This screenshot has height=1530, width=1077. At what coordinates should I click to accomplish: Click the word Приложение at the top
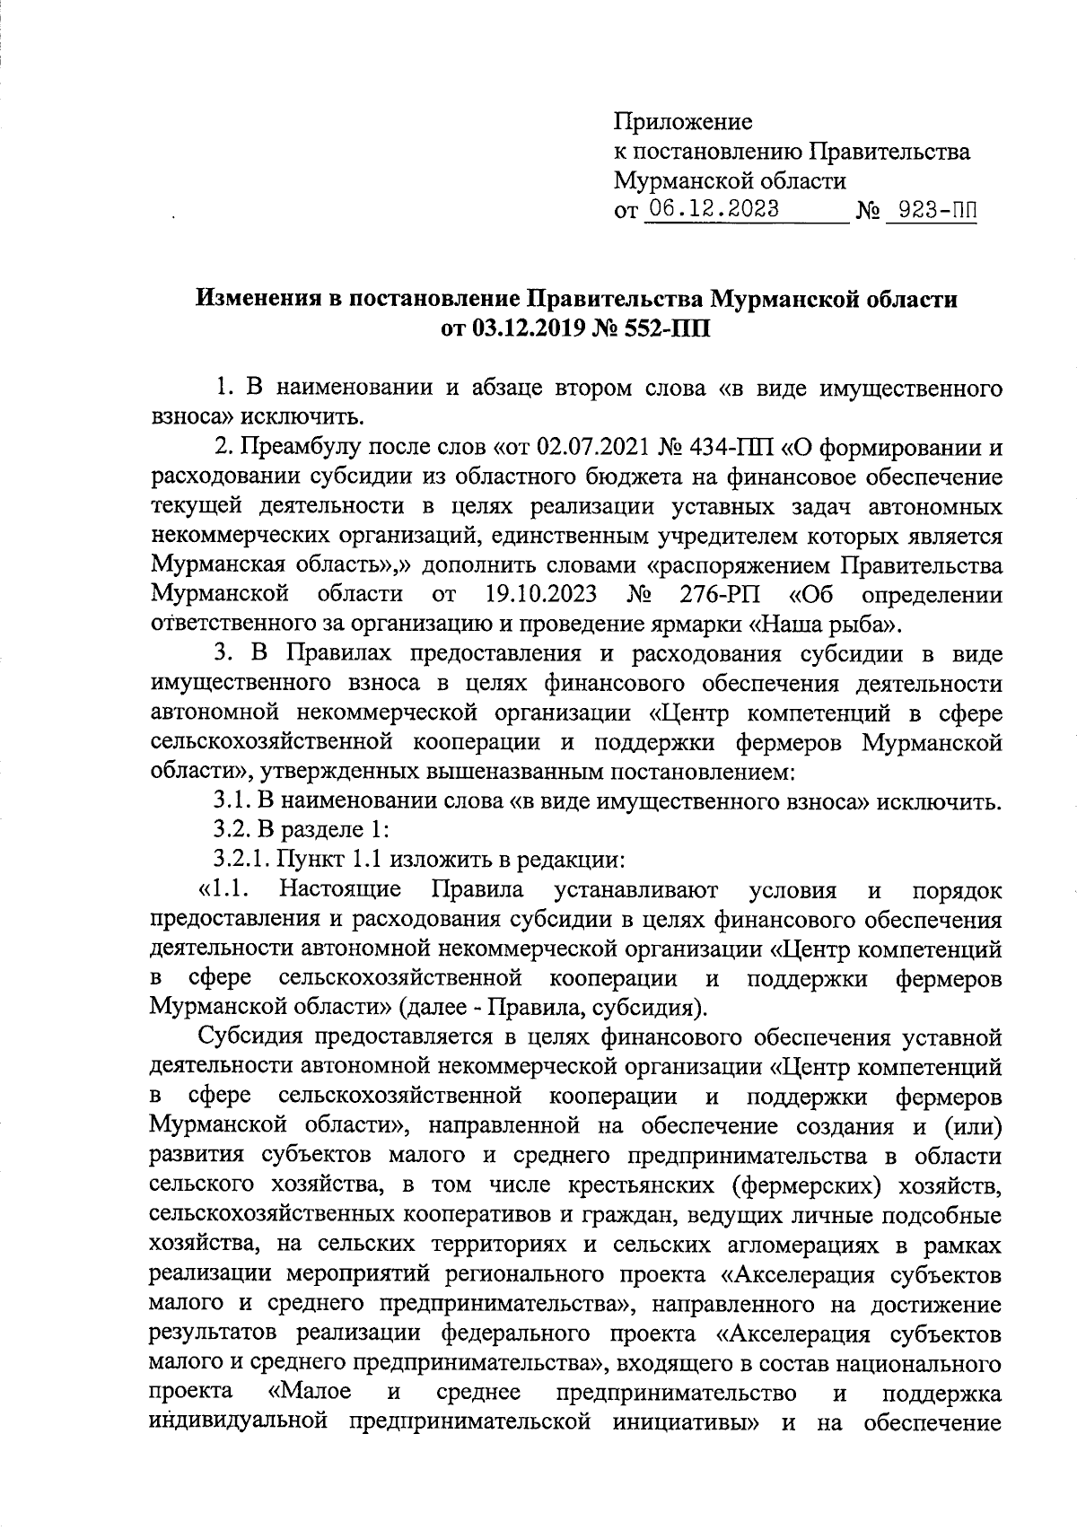(683, 121)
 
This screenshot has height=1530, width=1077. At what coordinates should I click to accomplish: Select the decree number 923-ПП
(931, 212)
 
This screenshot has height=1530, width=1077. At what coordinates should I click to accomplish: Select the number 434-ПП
(730, 446)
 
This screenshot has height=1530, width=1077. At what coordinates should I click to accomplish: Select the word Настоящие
(341, 889)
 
